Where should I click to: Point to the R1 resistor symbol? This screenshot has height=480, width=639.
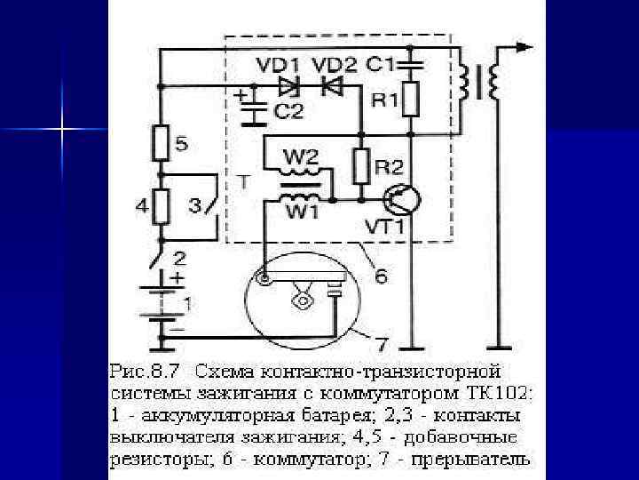tap(410, 100)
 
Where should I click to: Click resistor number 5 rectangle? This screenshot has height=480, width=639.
tap(161, 142)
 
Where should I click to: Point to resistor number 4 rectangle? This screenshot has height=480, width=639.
tap(161, 207)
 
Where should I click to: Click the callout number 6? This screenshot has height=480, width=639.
tap(380, 278)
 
